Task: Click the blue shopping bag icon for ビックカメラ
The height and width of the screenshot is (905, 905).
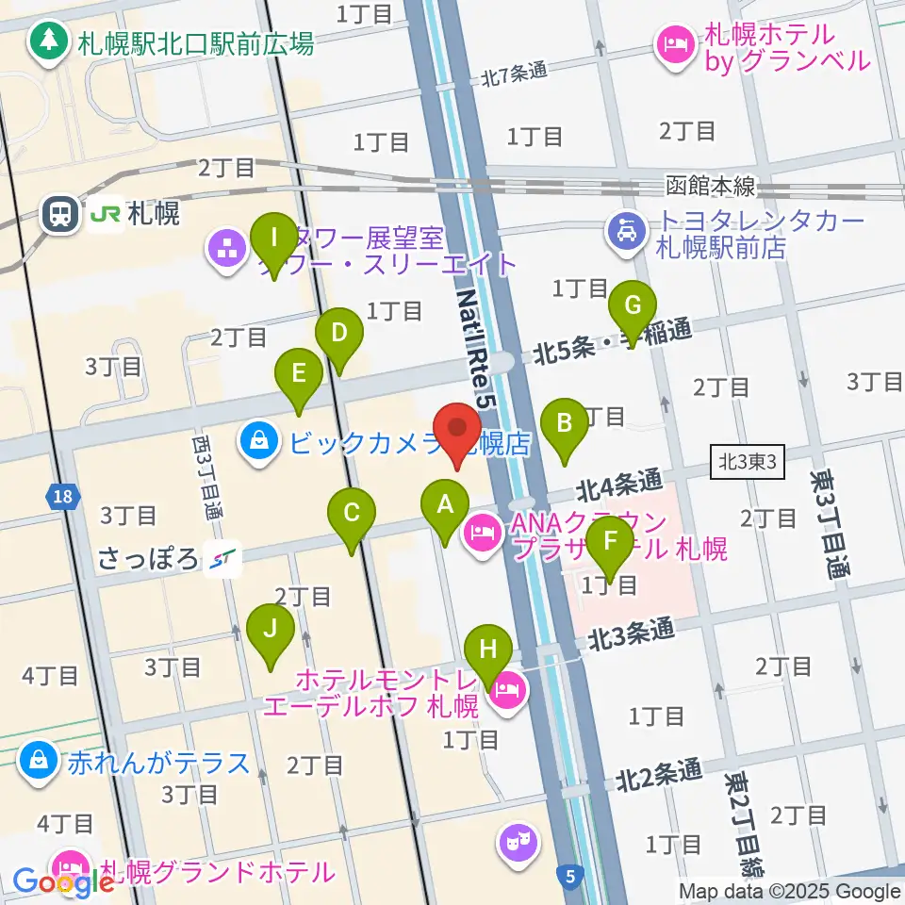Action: coord(256,440)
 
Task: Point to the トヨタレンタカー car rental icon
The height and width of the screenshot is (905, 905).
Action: coord(625,232)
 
